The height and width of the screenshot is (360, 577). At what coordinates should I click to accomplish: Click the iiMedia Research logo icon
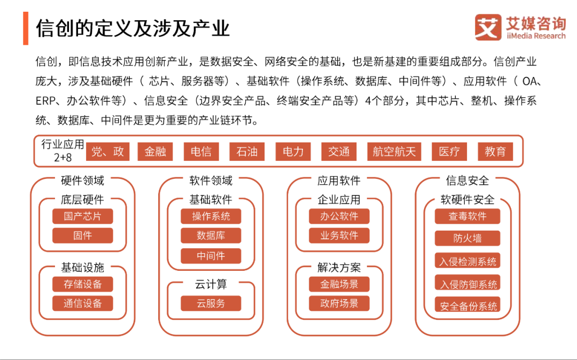tap(488, 27)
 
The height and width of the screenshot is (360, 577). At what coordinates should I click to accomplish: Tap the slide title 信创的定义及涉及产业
tap(133, 28)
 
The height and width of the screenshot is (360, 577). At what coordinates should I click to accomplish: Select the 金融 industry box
tap(155, 152)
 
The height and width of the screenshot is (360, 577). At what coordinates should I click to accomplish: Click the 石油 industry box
tap(247, 152)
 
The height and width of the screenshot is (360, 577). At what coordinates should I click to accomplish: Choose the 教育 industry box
tap(495, 152)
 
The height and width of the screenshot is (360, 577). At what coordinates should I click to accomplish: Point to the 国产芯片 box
tap(82, 216)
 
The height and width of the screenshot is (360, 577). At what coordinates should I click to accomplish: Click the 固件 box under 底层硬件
tap(82, 236)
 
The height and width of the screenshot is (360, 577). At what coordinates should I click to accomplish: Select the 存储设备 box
tap(82, 284)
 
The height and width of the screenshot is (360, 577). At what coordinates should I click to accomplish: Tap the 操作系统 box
tap(211, 216)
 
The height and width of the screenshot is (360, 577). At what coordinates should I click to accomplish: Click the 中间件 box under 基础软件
tap(211, 256)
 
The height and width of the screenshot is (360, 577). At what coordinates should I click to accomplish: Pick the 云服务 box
tap(211, 303)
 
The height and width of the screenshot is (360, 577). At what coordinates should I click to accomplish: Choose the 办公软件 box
tap(339, 216)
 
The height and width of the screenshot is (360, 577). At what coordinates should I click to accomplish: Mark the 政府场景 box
tap(339, 303)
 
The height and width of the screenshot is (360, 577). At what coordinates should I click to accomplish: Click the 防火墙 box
tap(467, 238)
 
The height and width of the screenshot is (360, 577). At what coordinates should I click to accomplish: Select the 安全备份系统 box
tap(467, 306)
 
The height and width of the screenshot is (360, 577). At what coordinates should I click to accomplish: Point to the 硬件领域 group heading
tap(82, 181)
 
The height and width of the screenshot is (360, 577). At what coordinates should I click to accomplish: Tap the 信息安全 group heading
tap(467, 181)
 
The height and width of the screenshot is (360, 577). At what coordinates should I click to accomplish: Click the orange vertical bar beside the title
tap(26, 28)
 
